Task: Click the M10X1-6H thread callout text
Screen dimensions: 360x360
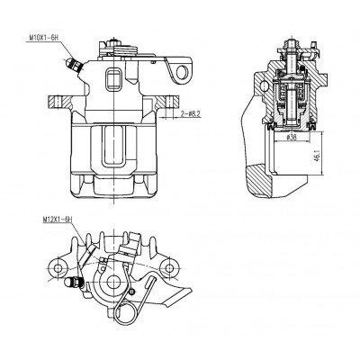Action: click(x=42, y=38)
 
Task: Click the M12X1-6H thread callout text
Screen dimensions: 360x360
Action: click(x=58, y=220)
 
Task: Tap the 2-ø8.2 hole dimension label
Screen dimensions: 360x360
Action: click(x=191, y=114)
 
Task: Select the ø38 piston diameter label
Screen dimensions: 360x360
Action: click(x=292, y=138)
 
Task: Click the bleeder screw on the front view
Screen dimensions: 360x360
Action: click(x=73, y=65)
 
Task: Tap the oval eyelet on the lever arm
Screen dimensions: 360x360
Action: click(x=182, y=72)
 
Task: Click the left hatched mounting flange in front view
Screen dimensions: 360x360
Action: click(x=60, y=103)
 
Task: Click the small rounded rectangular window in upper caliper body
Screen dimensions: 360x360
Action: click(x=113, y=78)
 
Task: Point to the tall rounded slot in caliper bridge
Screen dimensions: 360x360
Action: click(x=113, y=146)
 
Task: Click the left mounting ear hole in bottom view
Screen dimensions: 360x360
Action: click(x=58, y=267)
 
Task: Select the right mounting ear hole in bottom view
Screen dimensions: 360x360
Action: click(x=169, y=267)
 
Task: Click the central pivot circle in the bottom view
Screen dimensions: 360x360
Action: click(x=113, y=282)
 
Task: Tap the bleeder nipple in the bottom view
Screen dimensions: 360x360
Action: click(x=73, y=283)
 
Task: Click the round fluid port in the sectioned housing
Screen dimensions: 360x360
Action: click(x=265, y=85)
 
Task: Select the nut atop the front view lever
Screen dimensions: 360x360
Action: click(x=113, y=41)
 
